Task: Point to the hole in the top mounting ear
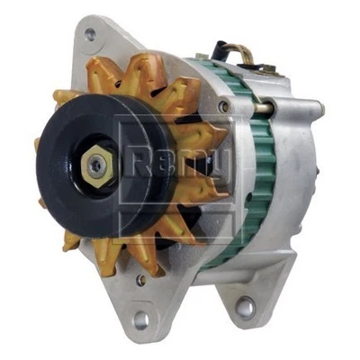tap(90, 36)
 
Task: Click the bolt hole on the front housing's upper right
tap(222, 106)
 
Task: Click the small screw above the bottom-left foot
tap(141, 280)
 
